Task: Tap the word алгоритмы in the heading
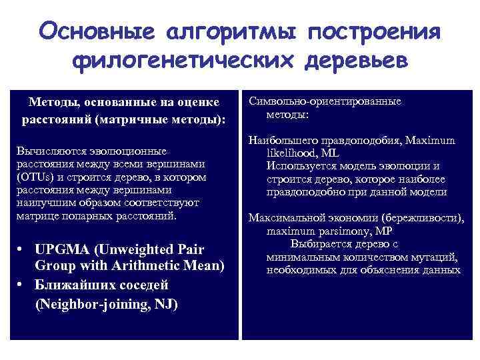point(231,31)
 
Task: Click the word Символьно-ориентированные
point(325,101)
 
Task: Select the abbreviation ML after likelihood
point(331,153)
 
